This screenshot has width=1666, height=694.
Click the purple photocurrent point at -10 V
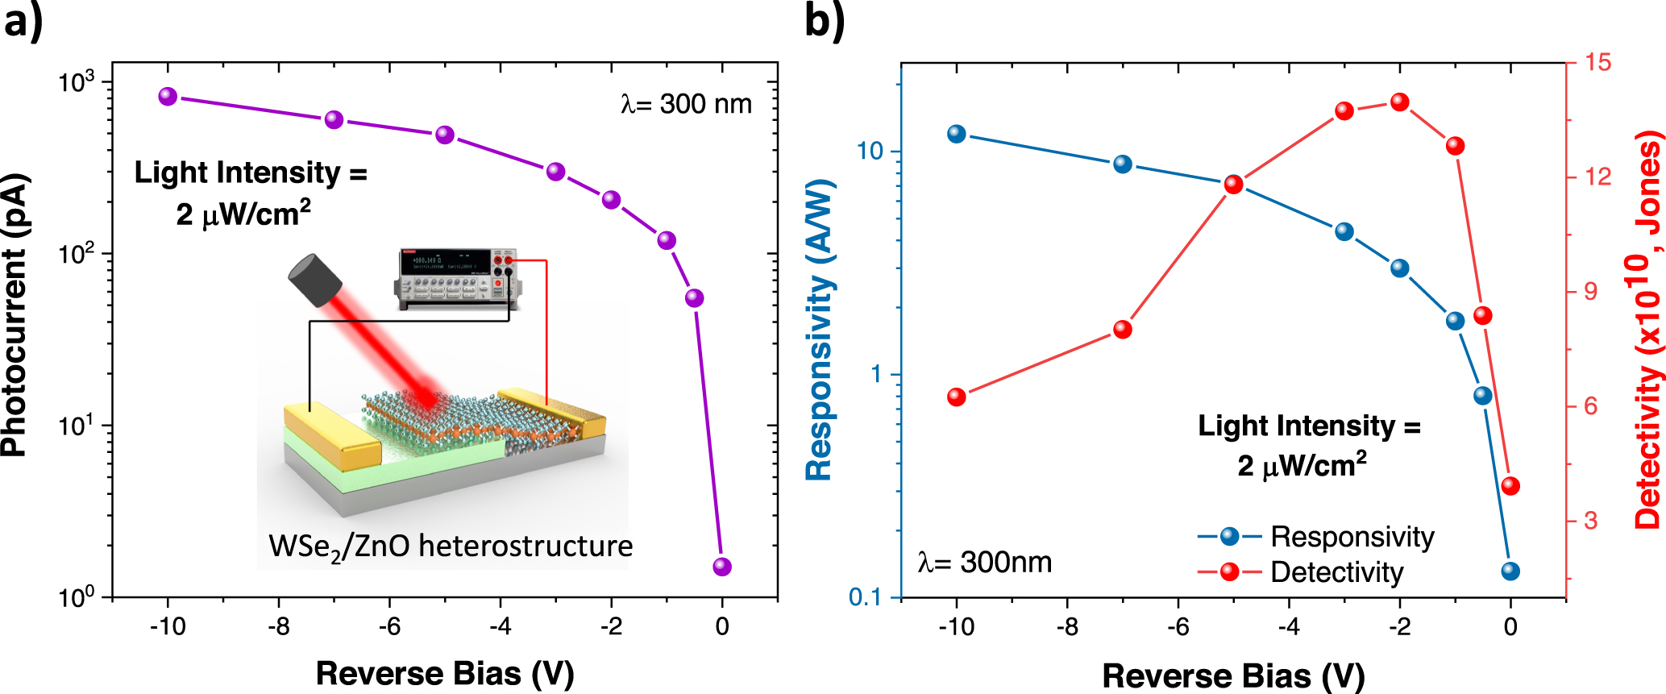168,97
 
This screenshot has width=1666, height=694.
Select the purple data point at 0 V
722,567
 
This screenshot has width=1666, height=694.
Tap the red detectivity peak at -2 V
1400,102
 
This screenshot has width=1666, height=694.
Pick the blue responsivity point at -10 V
957,134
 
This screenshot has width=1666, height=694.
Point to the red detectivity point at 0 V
1511,486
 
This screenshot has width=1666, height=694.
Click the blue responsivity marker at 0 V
1511,571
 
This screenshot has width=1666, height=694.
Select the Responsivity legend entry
1352,537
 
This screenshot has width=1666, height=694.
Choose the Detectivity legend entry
1336,572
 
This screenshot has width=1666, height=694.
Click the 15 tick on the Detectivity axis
1597,62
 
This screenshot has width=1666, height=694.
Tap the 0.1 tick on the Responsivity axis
864,597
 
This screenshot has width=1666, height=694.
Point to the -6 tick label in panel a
389,626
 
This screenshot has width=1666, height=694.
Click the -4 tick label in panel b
1289,626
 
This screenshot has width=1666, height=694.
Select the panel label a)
23,20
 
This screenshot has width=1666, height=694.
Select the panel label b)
825,20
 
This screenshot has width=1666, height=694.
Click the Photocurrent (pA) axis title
15,315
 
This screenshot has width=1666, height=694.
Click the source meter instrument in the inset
457,278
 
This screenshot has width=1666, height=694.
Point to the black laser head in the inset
316,280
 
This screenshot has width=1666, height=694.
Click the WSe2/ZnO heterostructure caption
451,546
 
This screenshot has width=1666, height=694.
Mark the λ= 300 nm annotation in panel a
686,104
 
